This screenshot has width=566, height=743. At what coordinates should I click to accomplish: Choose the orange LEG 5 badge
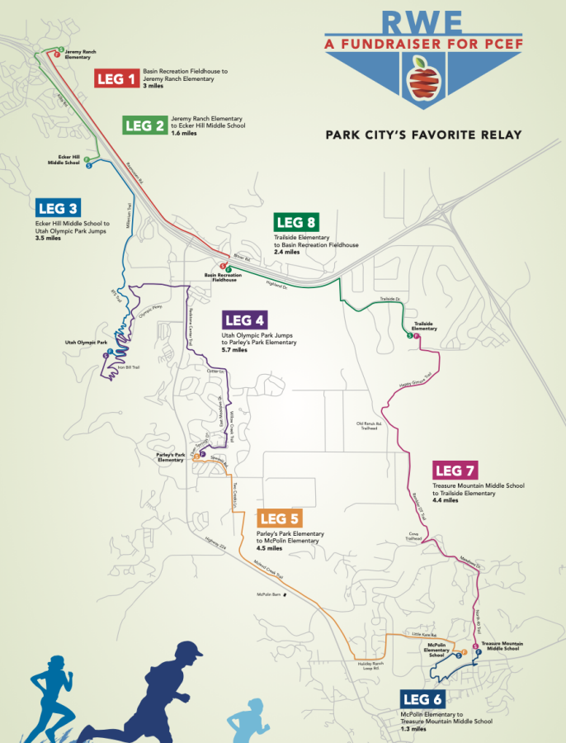pyautogui.click(x=280, y=518)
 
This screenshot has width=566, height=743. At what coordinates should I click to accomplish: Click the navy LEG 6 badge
pyautogui.click(x=423, y=699)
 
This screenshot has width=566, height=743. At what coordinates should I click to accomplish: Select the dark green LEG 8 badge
pyautogui.click(x=297, y=222)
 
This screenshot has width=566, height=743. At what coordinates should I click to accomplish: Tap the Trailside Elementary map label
pyautogui.click(x=425, y=326)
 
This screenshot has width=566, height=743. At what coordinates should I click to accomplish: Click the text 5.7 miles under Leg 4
pyautogui.click(x=234, y=350)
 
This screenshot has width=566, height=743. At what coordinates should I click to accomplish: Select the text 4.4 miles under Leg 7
pyautogui.click(x=446, y=500)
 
